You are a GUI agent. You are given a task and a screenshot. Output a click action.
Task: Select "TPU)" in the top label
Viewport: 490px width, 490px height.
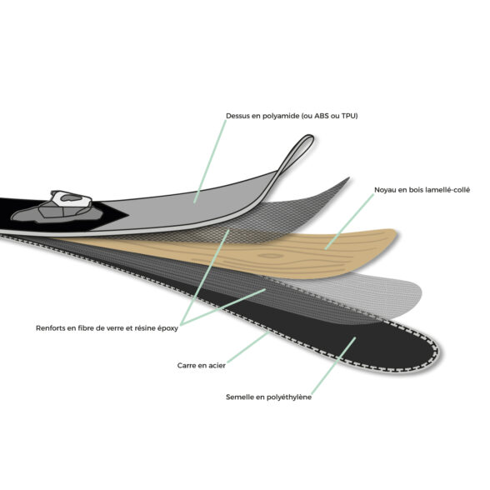pos(350,116)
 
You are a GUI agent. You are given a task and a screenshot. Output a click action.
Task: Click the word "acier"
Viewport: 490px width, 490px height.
pos(217,365)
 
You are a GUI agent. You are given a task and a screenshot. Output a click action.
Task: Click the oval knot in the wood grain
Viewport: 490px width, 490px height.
pos(271,257)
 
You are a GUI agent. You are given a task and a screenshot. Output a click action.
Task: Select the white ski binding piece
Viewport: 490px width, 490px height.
pos(72,198)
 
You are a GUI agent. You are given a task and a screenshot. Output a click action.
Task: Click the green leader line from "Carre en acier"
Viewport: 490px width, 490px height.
pos(247,347)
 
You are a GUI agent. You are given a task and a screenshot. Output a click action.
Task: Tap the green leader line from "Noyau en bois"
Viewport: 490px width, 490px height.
pos(349,222)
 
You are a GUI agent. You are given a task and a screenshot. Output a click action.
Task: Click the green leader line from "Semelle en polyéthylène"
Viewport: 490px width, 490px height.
pos(333,366)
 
